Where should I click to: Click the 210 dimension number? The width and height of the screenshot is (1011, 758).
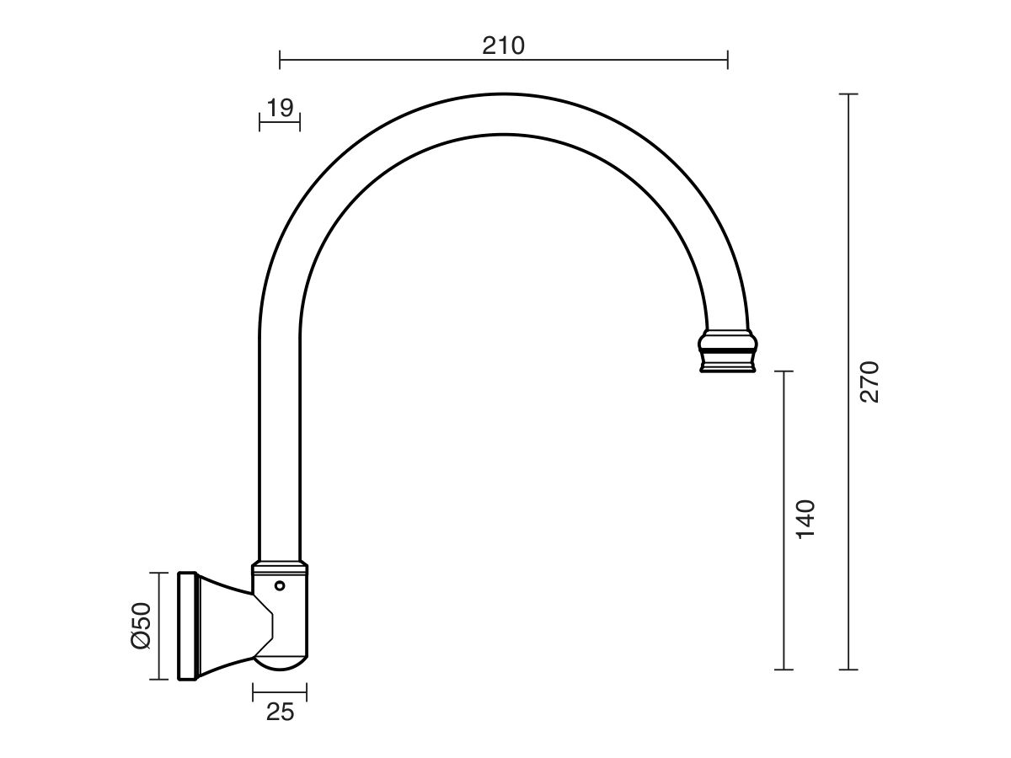click(x=503, y=45)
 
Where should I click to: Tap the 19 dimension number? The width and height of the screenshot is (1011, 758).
click(x=280, y=108)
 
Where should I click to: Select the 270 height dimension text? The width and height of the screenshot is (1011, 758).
click(x=869, y=382)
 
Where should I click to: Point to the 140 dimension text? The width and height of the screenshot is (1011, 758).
click(x=805, y=520)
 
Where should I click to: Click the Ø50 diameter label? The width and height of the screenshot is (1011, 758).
click(x=140, y=626)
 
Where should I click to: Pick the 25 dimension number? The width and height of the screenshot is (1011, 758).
click(x=280, y=712)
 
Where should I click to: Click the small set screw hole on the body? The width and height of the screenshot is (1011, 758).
click(x=280, y=585)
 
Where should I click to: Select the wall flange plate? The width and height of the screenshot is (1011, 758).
click(x=187, y=626)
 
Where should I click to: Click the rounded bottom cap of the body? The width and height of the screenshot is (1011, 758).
click(x=281, y=663)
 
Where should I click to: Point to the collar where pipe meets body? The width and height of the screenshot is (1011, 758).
click(x=280, y=564)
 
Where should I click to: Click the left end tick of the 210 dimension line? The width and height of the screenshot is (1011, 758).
click(x=280, y=59)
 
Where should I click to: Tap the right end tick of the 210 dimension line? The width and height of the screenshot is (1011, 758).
click(x=727, y=59)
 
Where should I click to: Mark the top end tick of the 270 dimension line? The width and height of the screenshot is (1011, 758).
click(x=848, y=94)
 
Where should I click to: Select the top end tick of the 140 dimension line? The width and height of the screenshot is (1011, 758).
click(x=784, y=371)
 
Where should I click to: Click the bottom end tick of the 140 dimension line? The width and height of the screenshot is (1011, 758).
click(x=784, y=670)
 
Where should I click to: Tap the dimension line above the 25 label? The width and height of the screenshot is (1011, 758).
click(x=280, y=691)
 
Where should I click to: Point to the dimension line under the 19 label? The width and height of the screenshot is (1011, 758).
click(x=280, y=123)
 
